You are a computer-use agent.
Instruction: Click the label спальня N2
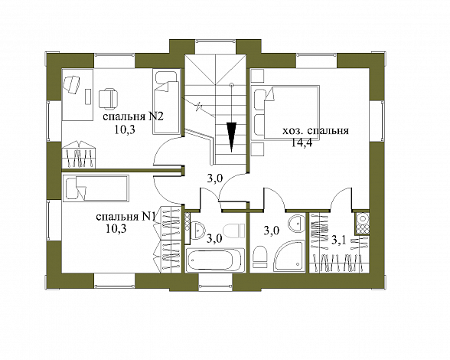(x=133, y=117)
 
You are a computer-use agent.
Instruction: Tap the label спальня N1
(x=126, y=217)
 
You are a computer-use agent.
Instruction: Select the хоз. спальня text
(x=315, y=131)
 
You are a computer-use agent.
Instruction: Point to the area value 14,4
(x=302, y=142)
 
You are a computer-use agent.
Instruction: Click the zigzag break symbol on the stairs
(x=199, y=107)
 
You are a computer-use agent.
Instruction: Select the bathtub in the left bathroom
(x=214, y=260)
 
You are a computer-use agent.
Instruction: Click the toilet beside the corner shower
(x=260, y=257)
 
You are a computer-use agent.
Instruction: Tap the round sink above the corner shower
(x=296, y=223)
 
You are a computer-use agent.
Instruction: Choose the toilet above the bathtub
(x=233, y=231)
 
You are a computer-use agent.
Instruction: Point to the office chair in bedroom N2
(x=108, y=98)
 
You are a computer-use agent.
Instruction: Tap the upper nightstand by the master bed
(x=257, y=76)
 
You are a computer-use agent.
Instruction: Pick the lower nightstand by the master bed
(x=257, y=149)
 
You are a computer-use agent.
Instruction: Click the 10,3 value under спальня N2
(x=125, y=129)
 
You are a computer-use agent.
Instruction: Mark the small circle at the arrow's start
(x=232, y=85)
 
